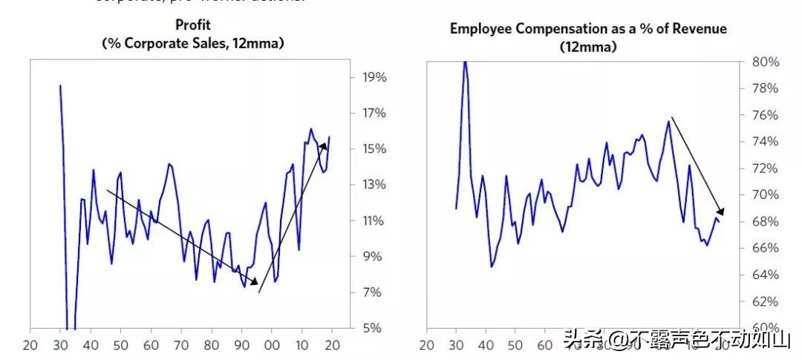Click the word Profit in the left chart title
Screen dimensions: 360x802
point(192,25)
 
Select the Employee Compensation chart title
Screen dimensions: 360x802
point(588,29)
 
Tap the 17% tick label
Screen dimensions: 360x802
point(374,114)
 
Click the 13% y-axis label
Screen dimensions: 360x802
point(374,185)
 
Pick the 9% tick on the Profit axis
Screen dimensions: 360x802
point(371,257)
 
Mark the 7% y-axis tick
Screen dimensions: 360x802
point(371,292)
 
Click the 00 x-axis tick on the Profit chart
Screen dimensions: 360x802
point(271,345)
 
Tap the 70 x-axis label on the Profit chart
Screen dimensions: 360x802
point(180,345)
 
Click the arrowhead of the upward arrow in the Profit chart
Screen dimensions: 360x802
point(324,145)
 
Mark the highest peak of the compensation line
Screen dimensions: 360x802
point(465,61)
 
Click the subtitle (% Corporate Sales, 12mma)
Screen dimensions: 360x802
point(192,44)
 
